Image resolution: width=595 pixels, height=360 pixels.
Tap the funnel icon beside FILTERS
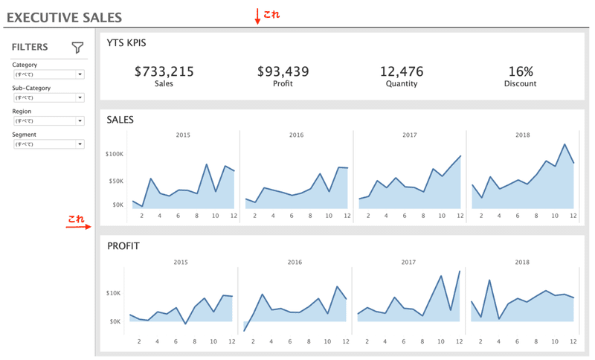(77, 48)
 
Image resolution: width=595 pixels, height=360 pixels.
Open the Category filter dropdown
(48, 74)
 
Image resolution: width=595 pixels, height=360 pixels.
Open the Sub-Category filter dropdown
(48, 97)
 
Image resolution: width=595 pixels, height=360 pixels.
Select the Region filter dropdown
(48, 120)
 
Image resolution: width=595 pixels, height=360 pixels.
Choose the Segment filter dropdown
(48, 144)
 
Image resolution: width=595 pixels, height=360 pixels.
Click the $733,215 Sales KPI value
(164, 71)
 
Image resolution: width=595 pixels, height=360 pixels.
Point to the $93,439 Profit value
(283, 71)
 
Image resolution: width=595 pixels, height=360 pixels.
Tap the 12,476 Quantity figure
(402, 71)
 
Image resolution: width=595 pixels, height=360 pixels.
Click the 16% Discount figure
(521, 71)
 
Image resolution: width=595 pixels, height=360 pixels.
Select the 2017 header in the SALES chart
(409, 135)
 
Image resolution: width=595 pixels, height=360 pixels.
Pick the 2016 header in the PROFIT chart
(295, 262)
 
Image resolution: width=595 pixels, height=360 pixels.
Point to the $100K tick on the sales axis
(113, 154)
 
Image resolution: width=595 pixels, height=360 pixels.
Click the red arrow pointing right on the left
(77, 227)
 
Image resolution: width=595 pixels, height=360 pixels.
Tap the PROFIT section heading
(123, 245)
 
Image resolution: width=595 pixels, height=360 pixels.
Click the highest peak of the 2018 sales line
(565, 144)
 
